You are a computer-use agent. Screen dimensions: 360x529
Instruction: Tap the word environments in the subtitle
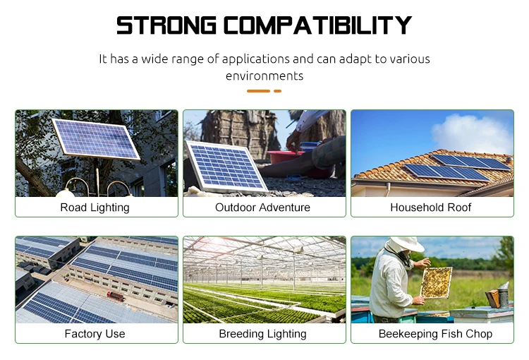point(264,76)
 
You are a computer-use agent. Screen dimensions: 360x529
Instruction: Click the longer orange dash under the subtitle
point(258,91)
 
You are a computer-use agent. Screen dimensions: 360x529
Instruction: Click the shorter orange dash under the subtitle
point(277,91)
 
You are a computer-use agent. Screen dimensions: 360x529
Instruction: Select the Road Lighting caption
point(95,208)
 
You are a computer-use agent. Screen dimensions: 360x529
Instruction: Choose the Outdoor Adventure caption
point(263,208)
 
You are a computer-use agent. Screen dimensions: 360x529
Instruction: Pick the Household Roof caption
point(431,208)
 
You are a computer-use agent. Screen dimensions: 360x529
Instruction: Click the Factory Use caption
point(95,334)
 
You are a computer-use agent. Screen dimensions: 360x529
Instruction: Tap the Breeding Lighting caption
point(263,334)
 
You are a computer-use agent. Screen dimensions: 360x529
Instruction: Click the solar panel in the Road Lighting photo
point(97,138)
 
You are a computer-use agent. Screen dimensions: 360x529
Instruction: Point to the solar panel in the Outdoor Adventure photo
point(226,166)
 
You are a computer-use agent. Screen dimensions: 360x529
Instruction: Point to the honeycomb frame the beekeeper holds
point(435,282)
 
